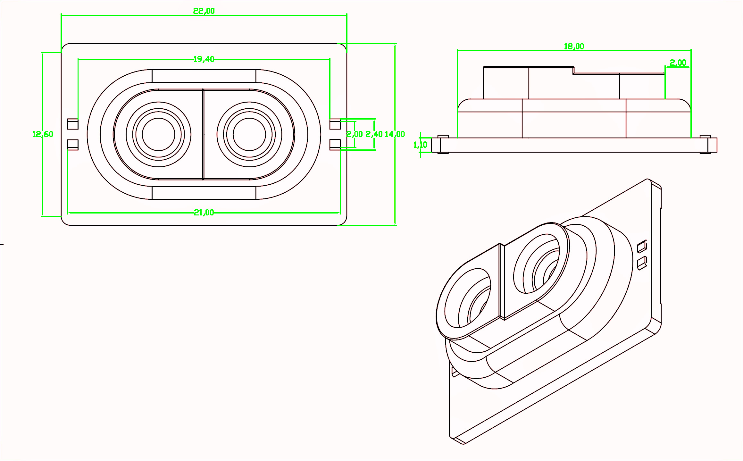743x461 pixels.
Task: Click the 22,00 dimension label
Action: (204, 11)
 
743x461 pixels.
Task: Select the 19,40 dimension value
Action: (204, 59)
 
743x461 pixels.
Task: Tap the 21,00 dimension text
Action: (204, 213)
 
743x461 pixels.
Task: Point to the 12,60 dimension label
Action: (43, 134)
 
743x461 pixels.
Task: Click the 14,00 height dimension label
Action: (395, 134)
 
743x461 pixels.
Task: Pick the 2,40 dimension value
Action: (374, 134)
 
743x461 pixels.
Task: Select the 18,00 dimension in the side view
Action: (574, 46)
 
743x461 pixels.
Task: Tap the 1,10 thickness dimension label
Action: (420, 145)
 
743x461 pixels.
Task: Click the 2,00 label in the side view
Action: (678, 63)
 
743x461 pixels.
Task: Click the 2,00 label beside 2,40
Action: (355, 134)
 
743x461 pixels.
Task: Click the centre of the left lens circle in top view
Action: (158, 134)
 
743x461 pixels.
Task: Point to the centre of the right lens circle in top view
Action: (249, 134)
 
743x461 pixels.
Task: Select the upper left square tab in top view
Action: (73, 124)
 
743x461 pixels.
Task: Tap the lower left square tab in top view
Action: (73, 145)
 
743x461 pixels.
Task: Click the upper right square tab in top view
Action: (335, 124)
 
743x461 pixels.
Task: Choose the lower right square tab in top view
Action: (335, 145)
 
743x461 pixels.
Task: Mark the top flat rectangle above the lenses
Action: (204, 76)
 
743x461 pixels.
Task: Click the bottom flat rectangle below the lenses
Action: (204, 193)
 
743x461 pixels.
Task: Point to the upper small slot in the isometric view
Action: (642, 247)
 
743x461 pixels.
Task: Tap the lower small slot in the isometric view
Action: (642, 263)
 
